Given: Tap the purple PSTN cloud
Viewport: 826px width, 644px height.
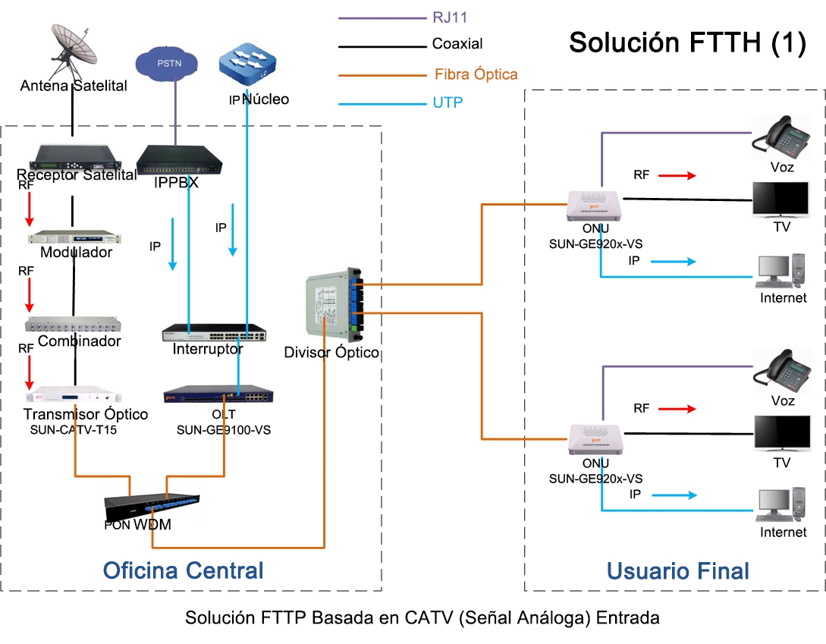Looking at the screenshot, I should point(168,64).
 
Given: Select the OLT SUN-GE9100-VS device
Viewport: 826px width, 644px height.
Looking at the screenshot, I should point(219,395).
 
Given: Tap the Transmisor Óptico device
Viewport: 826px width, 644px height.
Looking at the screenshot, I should point(74,397).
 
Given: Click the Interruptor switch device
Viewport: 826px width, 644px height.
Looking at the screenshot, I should point(214,333).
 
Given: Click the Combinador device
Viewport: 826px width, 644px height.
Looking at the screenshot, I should point(74,325).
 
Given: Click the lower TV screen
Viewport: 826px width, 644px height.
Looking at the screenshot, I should point(780,433).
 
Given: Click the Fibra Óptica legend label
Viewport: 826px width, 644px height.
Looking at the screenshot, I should point(476,74).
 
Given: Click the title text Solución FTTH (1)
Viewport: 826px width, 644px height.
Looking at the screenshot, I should point(686,42).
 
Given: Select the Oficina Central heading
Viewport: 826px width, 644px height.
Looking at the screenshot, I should point(183,570).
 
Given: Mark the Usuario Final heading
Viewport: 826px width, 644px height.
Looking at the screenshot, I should point(677,571).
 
